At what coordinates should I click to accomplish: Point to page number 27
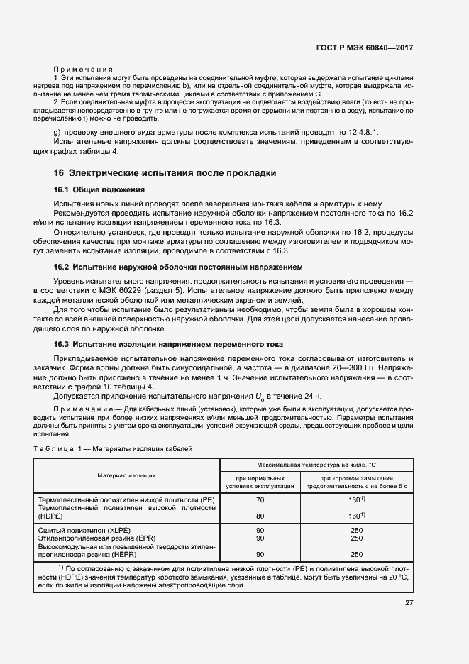tap(409, 603)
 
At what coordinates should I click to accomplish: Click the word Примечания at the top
tap(84, 69)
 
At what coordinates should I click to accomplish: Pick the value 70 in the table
tap(260, 500)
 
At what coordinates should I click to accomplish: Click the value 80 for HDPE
tap(260, 516)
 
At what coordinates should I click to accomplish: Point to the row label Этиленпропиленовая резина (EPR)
tap(93, 538)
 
